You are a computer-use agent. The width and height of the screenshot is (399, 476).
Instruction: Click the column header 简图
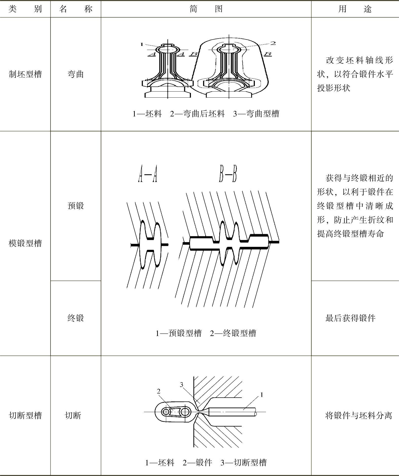[x=206, y=9]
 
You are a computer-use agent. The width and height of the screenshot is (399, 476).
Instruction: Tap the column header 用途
[x=355, y=9]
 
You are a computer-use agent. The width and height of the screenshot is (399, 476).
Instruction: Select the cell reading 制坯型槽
[x=25, y=74]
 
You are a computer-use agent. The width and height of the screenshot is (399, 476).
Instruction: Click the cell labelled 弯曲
[x=76, y=74]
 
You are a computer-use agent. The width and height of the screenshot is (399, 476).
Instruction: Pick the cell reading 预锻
[x=76, y=206]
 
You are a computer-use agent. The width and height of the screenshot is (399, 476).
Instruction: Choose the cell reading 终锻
[x=76, y=318]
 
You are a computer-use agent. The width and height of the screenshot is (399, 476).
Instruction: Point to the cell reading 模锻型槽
[x=25, y=243]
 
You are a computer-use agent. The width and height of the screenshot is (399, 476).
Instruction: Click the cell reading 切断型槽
[x=25, y=416]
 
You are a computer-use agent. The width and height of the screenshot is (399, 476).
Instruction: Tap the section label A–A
[x=148, y=174]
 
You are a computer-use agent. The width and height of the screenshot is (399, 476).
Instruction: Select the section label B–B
[x=228, y=174]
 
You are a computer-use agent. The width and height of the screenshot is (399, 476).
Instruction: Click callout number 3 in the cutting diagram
[x=181, y=385]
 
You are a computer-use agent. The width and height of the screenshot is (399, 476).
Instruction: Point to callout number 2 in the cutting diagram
[x=159, y=391]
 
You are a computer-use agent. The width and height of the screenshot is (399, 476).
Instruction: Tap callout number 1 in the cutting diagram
[x=262, y=395]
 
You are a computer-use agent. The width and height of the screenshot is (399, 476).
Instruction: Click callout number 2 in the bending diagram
[x=273, y=43]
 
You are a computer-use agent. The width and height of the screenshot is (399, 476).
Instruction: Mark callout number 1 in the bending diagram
[x=142, y=45]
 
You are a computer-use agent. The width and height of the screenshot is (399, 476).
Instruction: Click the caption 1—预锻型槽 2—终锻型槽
[x=206, y=333]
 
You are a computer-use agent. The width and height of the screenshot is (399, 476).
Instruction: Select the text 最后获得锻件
[x=350, y=318]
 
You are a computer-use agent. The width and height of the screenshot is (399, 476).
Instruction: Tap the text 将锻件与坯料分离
[x=358, y=416]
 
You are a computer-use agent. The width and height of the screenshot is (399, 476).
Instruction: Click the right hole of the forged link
[x=185, y=412]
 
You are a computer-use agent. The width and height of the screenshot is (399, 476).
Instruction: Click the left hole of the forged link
[x=166, y=412]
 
